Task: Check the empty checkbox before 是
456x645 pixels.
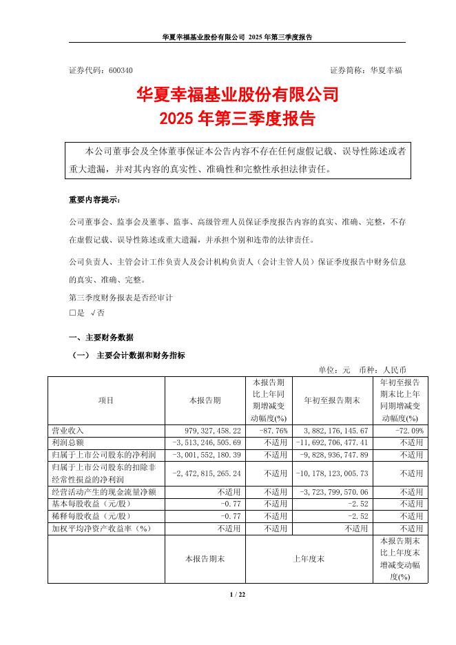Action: [x=72, y=312]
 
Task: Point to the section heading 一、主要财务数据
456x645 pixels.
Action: [x=101, y=338]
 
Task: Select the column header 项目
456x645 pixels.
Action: [x=106, y=400]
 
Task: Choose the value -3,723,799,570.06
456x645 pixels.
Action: [x=330, y=492]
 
